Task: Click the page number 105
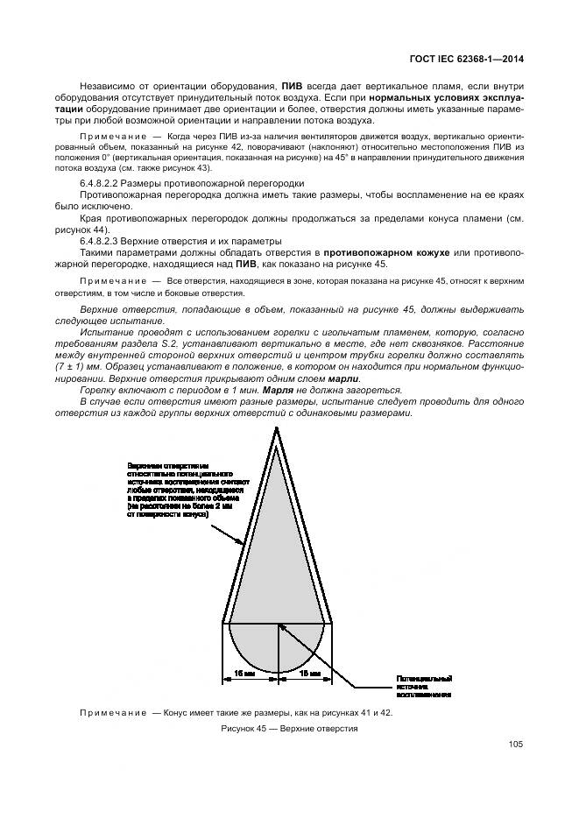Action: [514, 745]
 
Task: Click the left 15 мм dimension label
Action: [244, 674]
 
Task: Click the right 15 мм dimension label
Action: [310, 674]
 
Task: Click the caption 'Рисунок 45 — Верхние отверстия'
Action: [289, 729]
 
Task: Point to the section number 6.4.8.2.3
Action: [103, 239]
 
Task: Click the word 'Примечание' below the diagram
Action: [114, 713]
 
